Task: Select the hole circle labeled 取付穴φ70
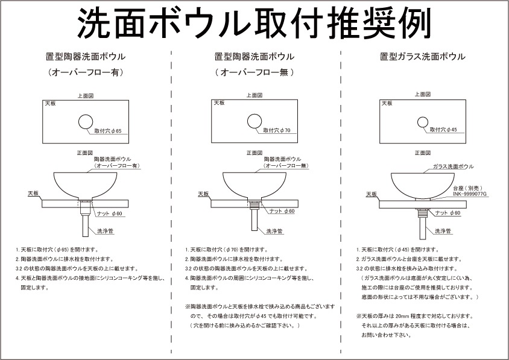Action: click(255, 122)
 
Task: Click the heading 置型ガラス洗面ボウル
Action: click(422, 57)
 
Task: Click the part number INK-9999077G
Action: click(469, 194)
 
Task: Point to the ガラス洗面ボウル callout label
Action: click(453, 166)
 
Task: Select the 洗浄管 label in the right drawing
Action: click(443, 231)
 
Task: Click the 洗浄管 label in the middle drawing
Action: click(275, 231)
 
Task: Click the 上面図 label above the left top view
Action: click(85, 95)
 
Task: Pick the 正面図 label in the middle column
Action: click(253, 153)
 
